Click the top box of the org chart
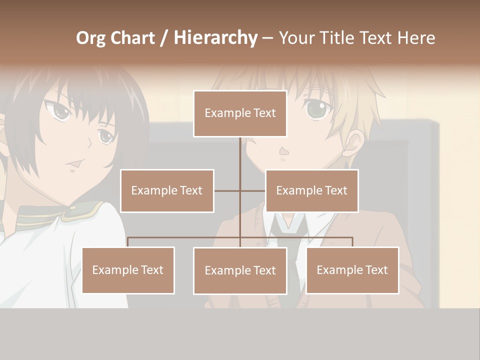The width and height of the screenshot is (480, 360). tap(240, 113)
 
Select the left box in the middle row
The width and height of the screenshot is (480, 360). tap(167, 190)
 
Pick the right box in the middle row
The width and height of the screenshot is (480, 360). tap(311, 190)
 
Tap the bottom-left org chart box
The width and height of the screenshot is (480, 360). tap(128, 270)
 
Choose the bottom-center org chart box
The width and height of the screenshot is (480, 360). tap(240, 270)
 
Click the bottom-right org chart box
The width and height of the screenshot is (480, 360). tap(352, 270)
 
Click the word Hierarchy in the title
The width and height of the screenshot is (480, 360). tap(215, 38)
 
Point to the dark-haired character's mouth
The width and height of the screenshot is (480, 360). tap(74, 164)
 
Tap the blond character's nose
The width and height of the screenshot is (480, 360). tap(283, 150)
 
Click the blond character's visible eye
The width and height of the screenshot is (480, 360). tap(315, 109)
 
